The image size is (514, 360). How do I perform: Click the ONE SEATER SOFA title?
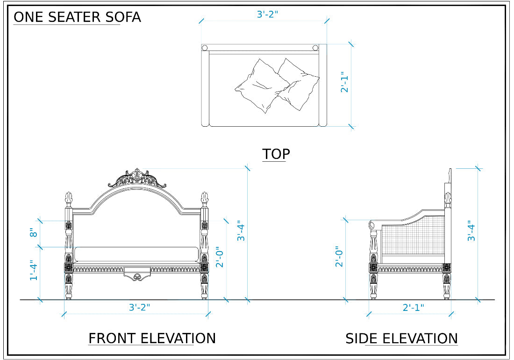[77, 17]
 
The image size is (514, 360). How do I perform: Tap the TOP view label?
[276, 154]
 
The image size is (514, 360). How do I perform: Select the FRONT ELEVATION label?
[152, 338]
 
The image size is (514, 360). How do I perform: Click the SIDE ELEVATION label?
[401, 338]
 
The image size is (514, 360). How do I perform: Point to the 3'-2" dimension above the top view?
[267, 14]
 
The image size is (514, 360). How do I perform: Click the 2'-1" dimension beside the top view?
[345, 82]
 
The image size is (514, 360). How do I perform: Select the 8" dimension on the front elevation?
[33, 233]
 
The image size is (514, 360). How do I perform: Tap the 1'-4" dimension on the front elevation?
[33, 270]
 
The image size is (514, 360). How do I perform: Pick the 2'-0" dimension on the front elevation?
[220, 257]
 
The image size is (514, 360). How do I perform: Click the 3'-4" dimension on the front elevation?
[241, 230]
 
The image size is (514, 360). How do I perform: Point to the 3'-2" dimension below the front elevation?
[139, 307]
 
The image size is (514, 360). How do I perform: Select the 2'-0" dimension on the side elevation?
[340, 257]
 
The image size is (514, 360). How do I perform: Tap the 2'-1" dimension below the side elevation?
[414, 307]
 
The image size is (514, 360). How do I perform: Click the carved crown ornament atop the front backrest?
[137, 179]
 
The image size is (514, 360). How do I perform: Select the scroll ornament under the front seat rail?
[137, 277]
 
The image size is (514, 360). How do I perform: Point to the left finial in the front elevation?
[69, 198]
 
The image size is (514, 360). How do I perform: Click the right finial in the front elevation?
[204, 198]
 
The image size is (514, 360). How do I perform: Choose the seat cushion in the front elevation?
[136, 254]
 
